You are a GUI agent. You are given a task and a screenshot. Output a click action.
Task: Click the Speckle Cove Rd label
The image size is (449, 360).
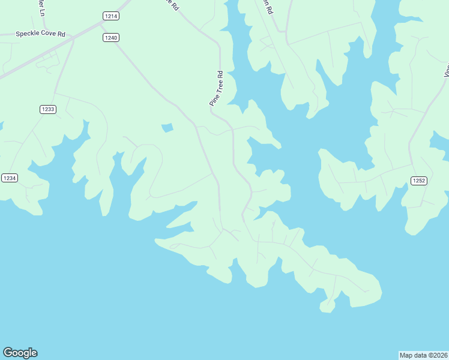click(41, 34)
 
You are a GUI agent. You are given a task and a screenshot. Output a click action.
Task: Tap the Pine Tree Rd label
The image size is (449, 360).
click(216, 89)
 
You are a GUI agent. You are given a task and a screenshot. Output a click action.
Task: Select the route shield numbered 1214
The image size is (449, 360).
click(110, 16)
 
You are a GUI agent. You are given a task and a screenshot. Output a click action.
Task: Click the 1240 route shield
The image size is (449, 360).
click(110, 37)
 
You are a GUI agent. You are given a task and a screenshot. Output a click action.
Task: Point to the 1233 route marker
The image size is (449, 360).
click(48, 109)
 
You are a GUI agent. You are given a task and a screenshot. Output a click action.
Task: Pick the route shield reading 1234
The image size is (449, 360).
click(9, 178)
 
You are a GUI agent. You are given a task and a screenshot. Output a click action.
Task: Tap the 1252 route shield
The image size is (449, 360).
click(418, 181)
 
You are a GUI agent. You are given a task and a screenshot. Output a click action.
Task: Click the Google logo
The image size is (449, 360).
click(20, 353)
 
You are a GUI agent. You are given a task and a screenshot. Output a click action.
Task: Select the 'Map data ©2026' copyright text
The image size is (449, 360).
click(424, 355)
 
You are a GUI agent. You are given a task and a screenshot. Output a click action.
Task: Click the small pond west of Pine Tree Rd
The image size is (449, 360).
click(167, 127)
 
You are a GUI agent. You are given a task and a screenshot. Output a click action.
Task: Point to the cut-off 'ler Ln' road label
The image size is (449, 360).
click(41, 8)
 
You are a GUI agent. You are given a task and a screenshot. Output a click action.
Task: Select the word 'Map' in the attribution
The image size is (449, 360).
click(407, 355)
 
